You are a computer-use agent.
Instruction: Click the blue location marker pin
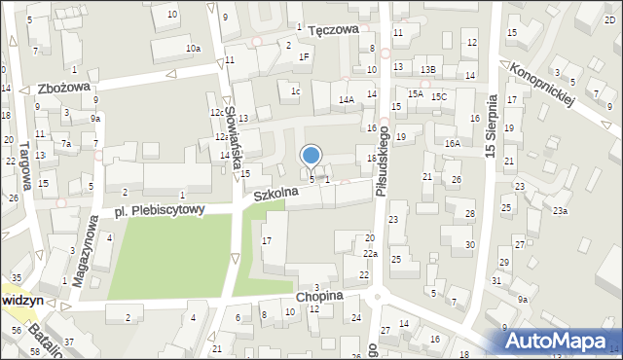tap(311, 156)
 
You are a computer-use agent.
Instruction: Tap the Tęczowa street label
tap(334, 30)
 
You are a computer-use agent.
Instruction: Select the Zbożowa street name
tap(63, 88)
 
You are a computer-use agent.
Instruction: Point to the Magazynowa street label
tap(86, 242)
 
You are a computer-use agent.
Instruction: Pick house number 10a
tap(194, 48)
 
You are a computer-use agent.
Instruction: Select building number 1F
tap(304, 56)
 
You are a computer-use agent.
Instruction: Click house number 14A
tap(346, 100)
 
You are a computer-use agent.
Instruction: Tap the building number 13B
tap(428, 70)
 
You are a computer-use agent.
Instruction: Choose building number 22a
tap(370, 253)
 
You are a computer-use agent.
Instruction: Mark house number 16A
tap(452, 143)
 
